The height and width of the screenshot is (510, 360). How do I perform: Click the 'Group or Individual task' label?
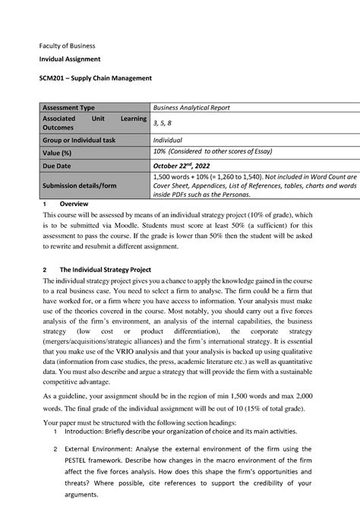[x=86, y=140]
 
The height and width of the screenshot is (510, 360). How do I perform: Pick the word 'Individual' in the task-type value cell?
[x=169, y=140]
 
